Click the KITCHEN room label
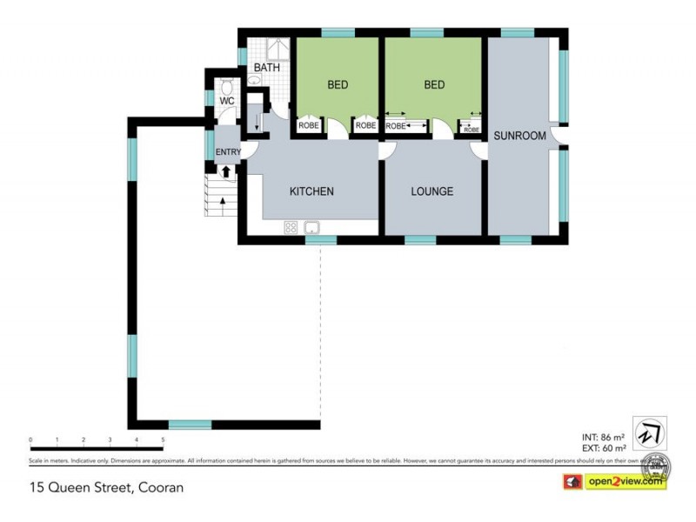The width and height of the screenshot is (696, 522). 311,191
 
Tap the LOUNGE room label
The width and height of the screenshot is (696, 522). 432,191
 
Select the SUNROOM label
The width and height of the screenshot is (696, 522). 519,136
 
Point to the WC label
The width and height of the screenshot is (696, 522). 226,102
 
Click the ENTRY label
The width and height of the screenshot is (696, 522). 228,153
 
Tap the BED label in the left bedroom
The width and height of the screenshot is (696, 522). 338,84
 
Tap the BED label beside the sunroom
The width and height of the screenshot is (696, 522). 434,84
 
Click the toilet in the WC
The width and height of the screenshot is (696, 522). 226,87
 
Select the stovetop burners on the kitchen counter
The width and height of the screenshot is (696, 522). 291,228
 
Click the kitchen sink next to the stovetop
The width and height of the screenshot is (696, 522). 312,228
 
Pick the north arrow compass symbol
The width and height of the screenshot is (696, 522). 648,432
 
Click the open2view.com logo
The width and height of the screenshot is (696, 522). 624,480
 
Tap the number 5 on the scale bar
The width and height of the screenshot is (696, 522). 163,441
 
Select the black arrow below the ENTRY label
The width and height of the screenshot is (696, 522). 228,171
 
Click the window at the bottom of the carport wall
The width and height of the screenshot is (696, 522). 190,425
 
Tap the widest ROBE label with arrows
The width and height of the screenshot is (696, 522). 405,126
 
